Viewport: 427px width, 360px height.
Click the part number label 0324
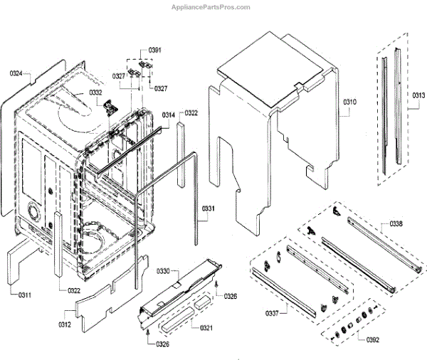point(16,73)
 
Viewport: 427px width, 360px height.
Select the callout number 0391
point(155,50)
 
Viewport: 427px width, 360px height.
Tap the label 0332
point(95,92)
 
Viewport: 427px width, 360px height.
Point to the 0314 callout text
point(169,115)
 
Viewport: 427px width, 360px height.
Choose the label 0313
point(418,95)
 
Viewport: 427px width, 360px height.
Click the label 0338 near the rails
point(396,223)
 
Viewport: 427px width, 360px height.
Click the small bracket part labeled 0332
point(110,107)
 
